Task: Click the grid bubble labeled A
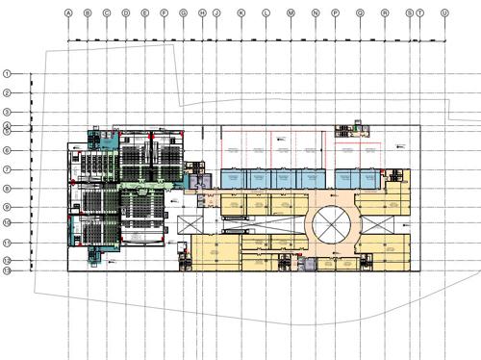point(68,13)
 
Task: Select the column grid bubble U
point(443,13)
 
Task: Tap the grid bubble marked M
point(291,13)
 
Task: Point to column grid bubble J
point(216,13)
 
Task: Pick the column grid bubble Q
point(360,13)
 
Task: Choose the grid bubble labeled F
point(165,13)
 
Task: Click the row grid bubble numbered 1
point(7,73)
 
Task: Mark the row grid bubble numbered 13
point(7,271)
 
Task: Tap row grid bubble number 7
point(7,169)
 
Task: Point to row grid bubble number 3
point(7,113)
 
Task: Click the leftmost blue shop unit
point(233,177)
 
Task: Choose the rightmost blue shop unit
point(369,177)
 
